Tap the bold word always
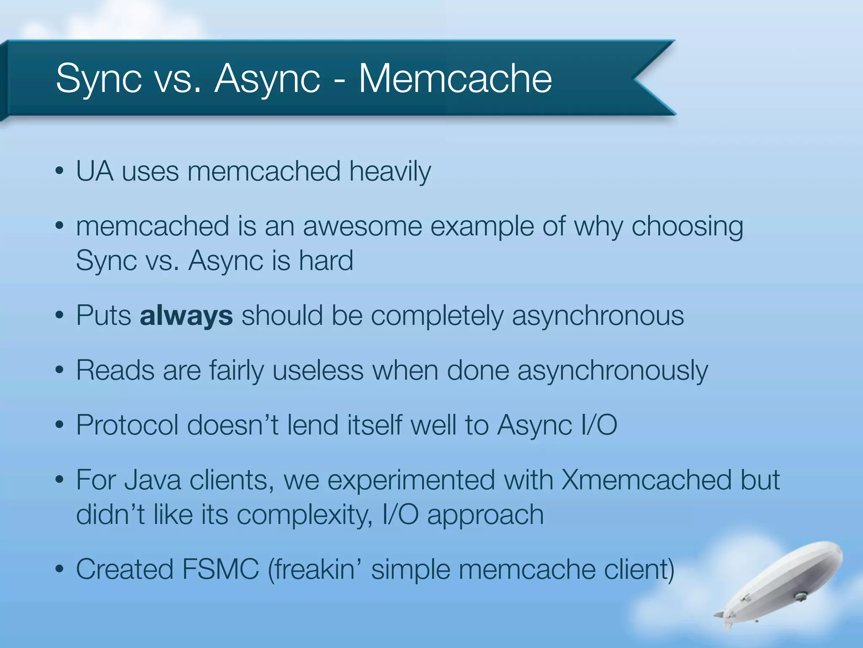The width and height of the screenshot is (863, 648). pyautogui.click(x=186, y=316)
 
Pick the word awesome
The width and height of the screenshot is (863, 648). pyautogui.click(x=362, y=226)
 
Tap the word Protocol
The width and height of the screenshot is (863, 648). pyautogui.click(x=127, y=425)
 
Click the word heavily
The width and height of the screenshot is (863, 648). pyautogui.click(x=390, y=172)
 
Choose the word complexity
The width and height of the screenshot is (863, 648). pyautogui.click(x=304, y=515)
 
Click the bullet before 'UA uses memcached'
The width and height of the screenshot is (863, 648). pyautogui.click(x=59, y=172)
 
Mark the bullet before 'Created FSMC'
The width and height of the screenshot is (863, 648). pyautogui.click(x=59, y=569)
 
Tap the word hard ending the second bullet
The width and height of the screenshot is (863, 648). pyautogui.click(x=326, y=261)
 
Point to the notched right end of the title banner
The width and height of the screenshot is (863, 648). pyautogui.click(x=649, y=78)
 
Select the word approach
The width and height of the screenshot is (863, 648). pyautogui.click(x=485, y=515)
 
